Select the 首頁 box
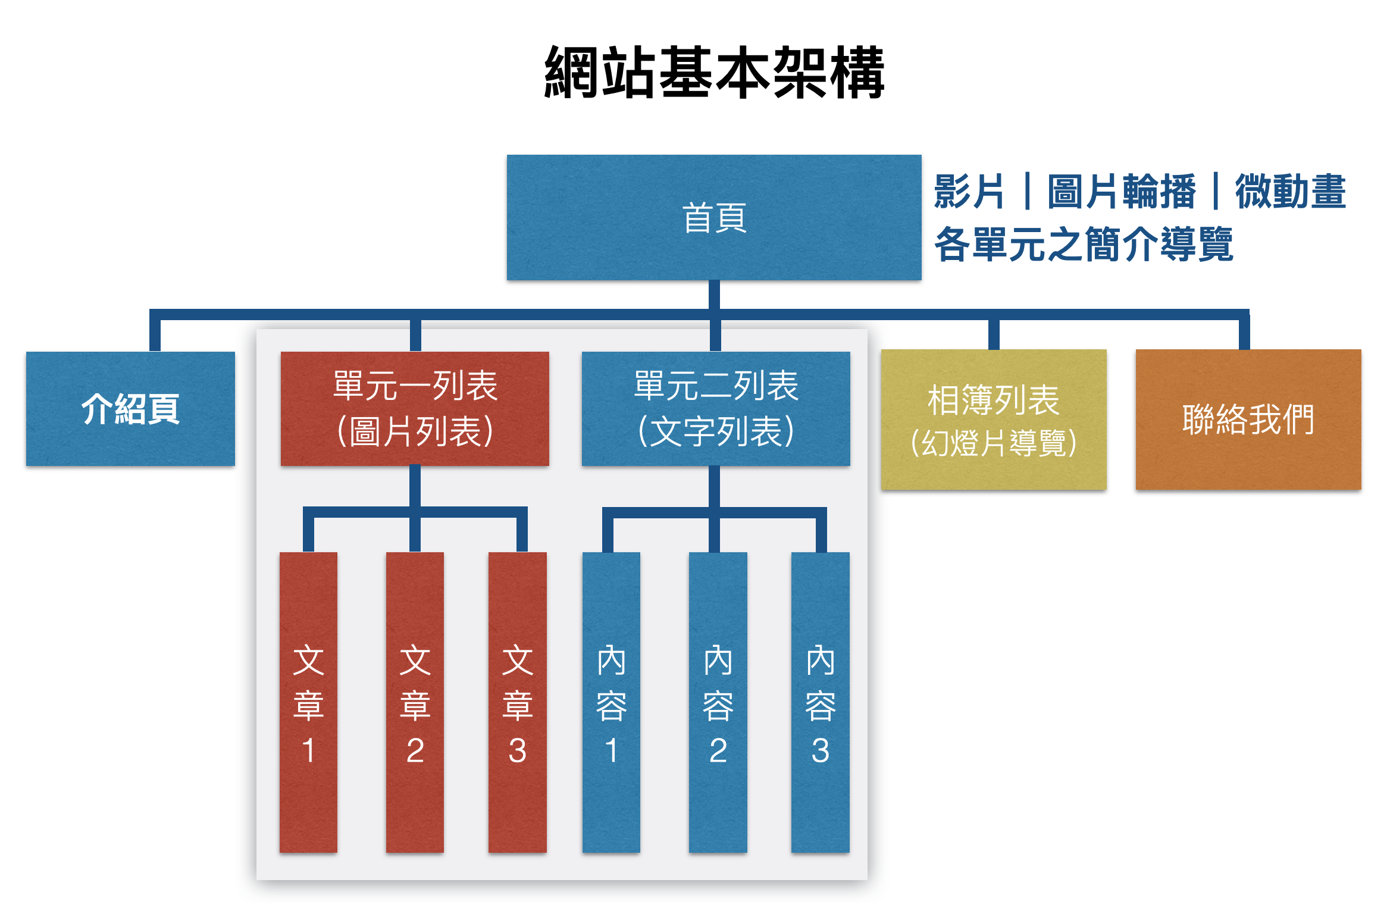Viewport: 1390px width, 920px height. (x=713, y=217)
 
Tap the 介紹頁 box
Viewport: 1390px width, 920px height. (x=130, y=408)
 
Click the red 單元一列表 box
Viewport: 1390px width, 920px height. (x=415, y=408)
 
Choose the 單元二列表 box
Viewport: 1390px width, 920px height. (x=715, y=408)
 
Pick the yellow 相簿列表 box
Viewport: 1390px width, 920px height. (x=993, y=419)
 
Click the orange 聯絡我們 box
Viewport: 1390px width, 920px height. (x=1248, y=419)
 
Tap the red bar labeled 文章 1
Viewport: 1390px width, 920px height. (x=308, y=702)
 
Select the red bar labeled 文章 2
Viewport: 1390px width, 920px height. (x=415, y=702)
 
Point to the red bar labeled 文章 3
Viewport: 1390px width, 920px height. (x=517, y=702)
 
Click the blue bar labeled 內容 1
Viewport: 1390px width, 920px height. (x=611, y=702)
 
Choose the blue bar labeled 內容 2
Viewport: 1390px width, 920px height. (x=718, y=702)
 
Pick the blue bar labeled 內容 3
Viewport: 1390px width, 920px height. (x=820, y=702)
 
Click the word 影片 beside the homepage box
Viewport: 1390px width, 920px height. (x=969, y=192)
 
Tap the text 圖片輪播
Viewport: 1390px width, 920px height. (x=1121, y=192)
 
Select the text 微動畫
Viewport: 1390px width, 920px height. (x=1290, y=192)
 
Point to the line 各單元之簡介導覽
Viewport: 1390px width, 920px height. (x=1083, y=244)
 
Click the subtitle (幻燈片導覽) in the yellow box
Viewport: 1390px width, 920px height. (x=993, y=443)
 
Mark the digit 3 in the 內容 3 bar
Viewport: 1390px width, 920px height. (x=820, y=750)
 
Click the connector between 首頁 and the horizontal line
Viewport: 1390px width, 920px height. (x=714, y=295)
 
